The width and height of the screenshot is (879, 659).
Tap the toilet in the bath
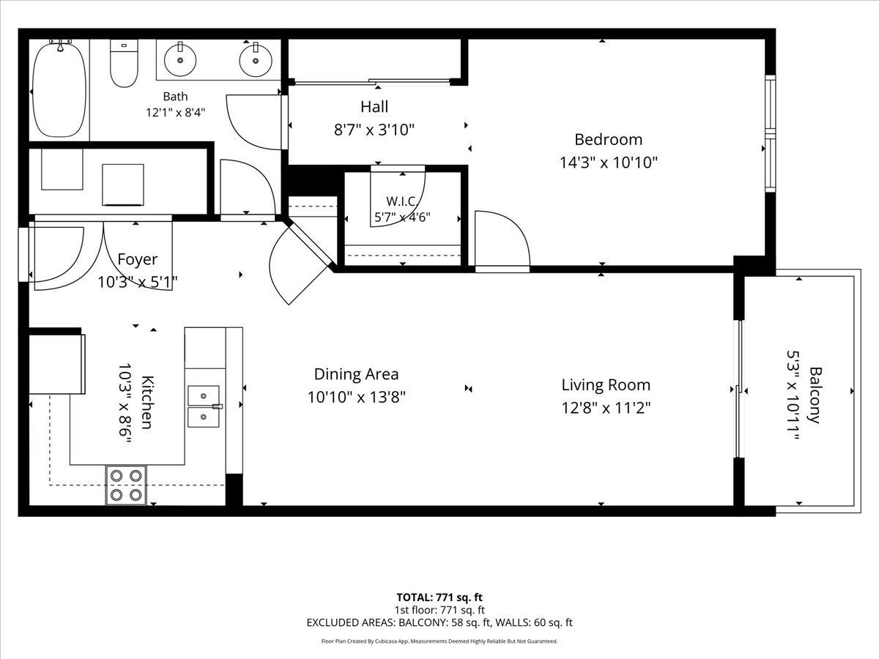124,63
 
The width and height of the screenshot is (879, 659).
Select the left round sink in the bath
180,59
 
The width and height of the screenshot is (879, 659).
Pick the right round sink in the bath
256,59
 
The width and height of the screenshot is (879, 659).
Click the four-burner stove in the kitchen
126,485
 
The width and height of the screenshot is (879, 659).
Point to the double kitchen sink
204,406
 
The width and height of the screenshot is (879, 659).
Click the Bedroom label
608,140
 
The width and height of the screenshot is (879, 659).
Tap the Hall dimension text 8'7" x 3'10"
374,130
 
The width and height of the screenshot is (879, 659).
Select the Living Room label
606,385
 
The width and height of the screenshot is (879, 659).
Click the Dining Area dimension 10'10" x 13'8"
357,398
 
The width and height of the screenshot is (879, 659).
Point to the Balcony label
815,395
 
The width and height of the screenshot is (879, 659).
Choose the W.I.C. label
402,201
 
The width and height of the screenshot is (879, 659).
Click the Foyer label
138,260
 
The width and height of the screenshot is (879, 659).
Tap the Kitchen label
147,402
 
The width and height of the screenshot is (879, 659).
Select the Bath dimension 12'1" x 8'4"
175,113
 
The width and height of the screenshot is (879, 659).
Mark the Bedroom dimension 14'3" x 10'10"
608,163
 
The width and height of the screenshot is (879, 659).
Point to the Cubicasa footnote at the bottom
439,641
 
